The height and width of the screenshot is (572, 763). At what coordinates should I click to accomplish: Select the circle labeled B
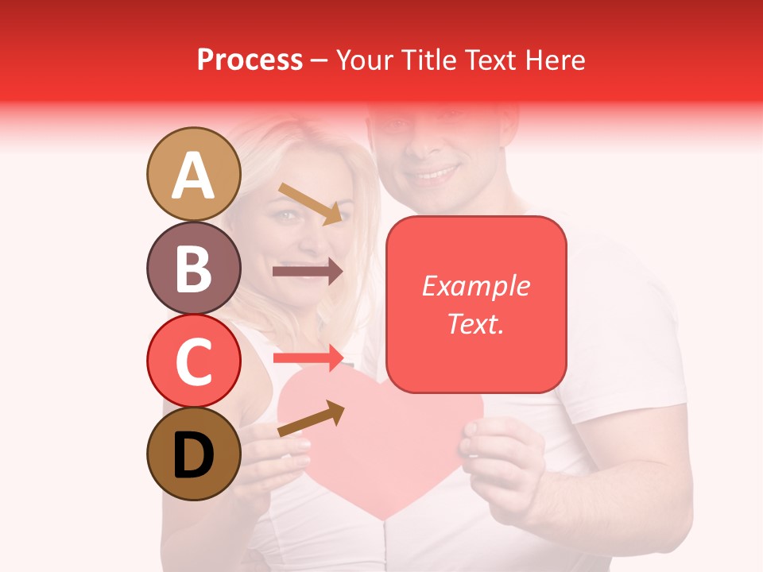tap(194, 268)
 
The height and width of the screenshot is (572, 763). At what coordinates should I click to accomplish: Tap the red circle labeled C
tap(194, 361)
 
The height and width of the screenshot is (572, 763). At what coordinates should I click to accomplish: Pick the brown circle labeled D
tap(194, 454)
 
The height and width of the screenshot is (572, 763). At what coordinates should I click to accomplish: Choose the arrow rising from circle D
tap(311, 419)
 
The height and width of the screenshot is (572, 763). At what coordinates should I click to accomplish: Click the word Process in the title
tap(250, 60)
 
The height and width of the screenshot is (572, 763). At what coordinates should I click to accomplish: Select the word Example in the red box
tap(476, 286)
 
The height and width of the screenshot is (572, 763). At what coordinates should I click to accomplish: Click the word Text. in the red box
tap(476, 323)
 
